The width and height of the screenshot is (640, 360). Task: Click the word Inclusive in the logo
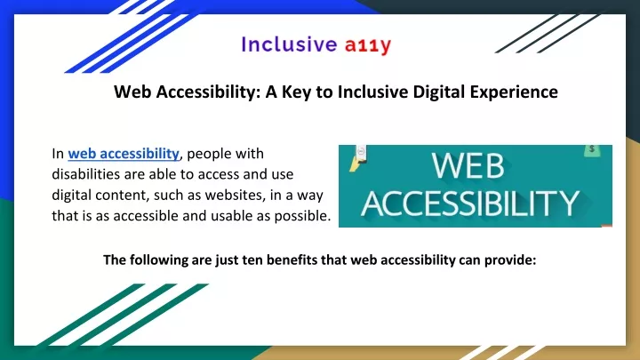click(289, 44)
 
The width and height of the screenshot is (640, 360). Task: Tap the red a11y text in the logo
click(368, 45)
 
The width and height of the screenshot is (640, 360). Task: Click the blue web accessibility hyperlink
click(124, 154)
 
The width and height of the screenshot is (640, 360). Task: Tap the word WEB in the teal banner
click(468, 165)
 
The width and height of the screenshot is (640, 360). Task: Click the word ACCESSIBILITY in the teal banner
click(470, 203)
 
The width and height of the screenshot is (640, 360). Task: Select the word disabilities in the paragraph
click(85, 174)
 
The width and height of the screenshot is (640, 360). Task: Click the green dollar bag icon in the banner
click(592, 150)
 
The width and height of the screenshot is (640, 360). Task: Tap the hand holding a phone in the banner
click(358, 157)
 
